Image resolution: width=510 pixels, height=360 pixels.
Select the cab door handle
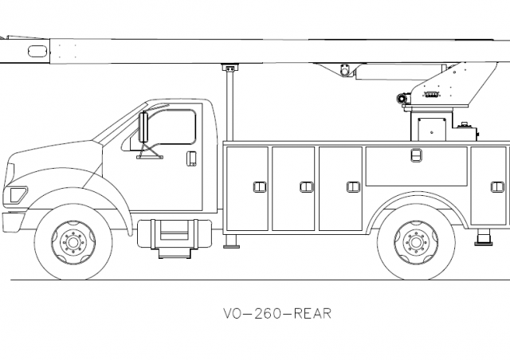191,158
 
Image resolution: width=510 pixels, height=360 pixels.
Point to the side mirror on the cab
144,127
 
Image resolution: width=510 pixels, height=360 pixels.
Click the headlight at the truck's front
15,194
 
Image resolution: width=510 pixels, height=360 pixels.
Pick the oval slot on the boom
37,51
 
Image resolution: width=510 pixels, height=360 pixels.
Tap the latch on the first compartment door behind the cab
259,187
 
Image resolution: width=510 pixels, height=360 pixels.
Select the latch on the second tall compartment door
306,187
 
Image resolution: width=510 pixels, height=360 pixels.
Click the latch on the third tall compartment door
353,187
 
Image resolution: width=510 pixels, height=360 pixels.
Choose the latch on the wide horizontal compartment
416,155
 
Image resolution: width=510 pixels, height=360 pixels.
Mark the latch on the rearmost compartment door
496,187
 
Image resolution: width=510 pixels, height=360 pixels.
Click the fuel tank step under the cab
174,236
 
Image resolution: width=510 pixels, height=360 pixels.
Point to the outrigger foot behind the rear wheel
483,237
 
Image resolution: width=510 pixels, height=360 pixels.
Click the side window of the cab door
172,127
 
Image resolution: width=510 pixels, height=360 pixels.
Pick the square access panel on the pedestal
430,127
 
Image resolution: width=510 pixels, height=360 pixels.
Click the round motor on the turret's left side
402,98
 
